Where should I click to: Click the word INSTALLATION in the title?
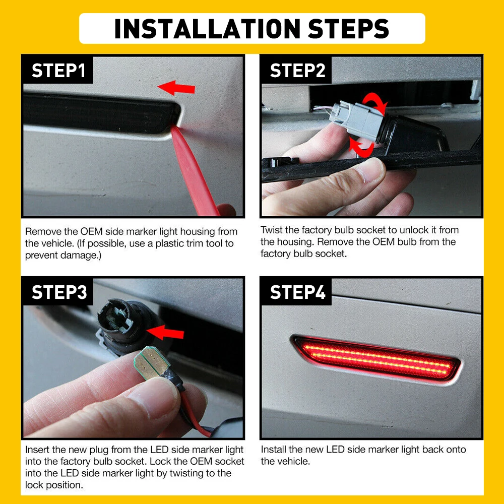207,28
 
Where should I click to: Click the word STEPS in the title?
348,28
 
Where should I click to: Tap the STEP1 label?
58,71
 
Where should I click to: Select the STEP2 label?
298,71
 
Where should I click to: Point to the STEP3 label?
59,292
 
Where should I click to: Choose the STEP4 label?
298,292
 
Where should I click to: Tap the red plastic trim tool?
196,173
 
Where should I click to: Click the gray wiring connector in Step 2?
357,121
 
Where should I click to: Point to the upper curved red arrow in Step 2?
376,101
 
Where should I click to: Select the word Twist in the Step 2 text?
271,230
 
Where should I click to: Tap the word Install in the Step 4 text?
274,450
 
